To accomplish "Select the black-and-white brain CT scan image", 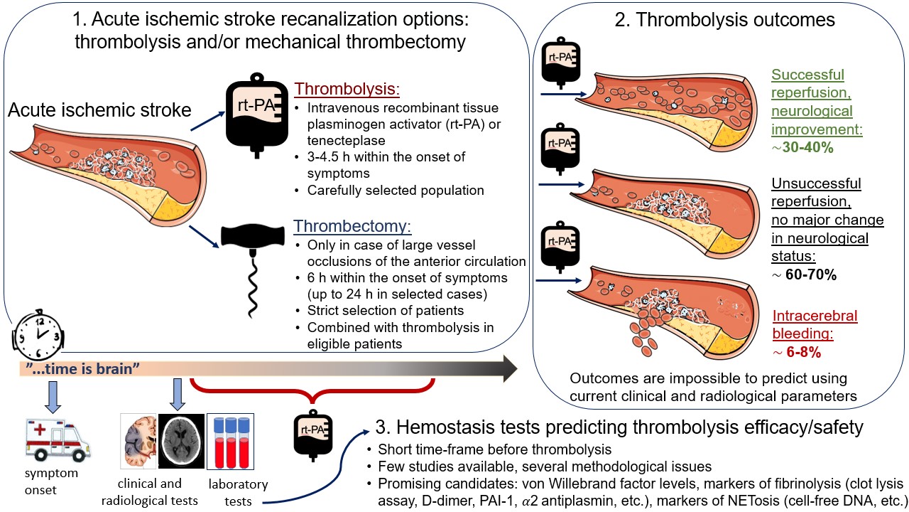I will point(180,442).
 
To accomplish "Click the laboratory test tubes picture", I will point(230,442).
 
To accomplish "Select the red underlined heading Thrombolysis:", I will point(348,90).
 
